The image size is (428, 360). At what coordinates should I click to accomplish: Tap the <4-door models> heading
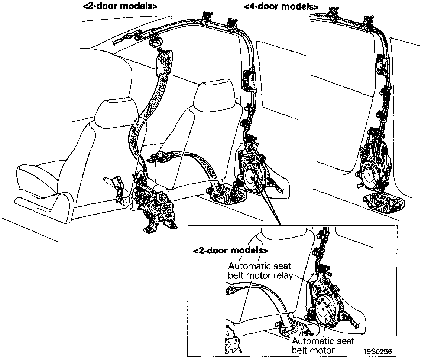(281, 7)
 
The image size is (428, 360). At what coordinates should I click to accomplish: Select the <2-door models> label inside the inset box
(230, 251)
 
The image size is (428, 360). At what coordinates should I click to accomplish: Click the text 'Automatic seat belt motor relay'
(260, 271)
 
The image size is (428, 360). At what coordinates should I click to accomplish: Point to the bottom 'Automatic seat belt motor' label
(323, 345)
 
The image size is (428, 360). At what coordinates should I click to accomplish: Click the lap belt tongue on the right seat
(160, 158)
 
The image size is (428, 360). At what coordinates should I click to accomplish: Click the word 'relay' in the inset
(284, 276)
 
